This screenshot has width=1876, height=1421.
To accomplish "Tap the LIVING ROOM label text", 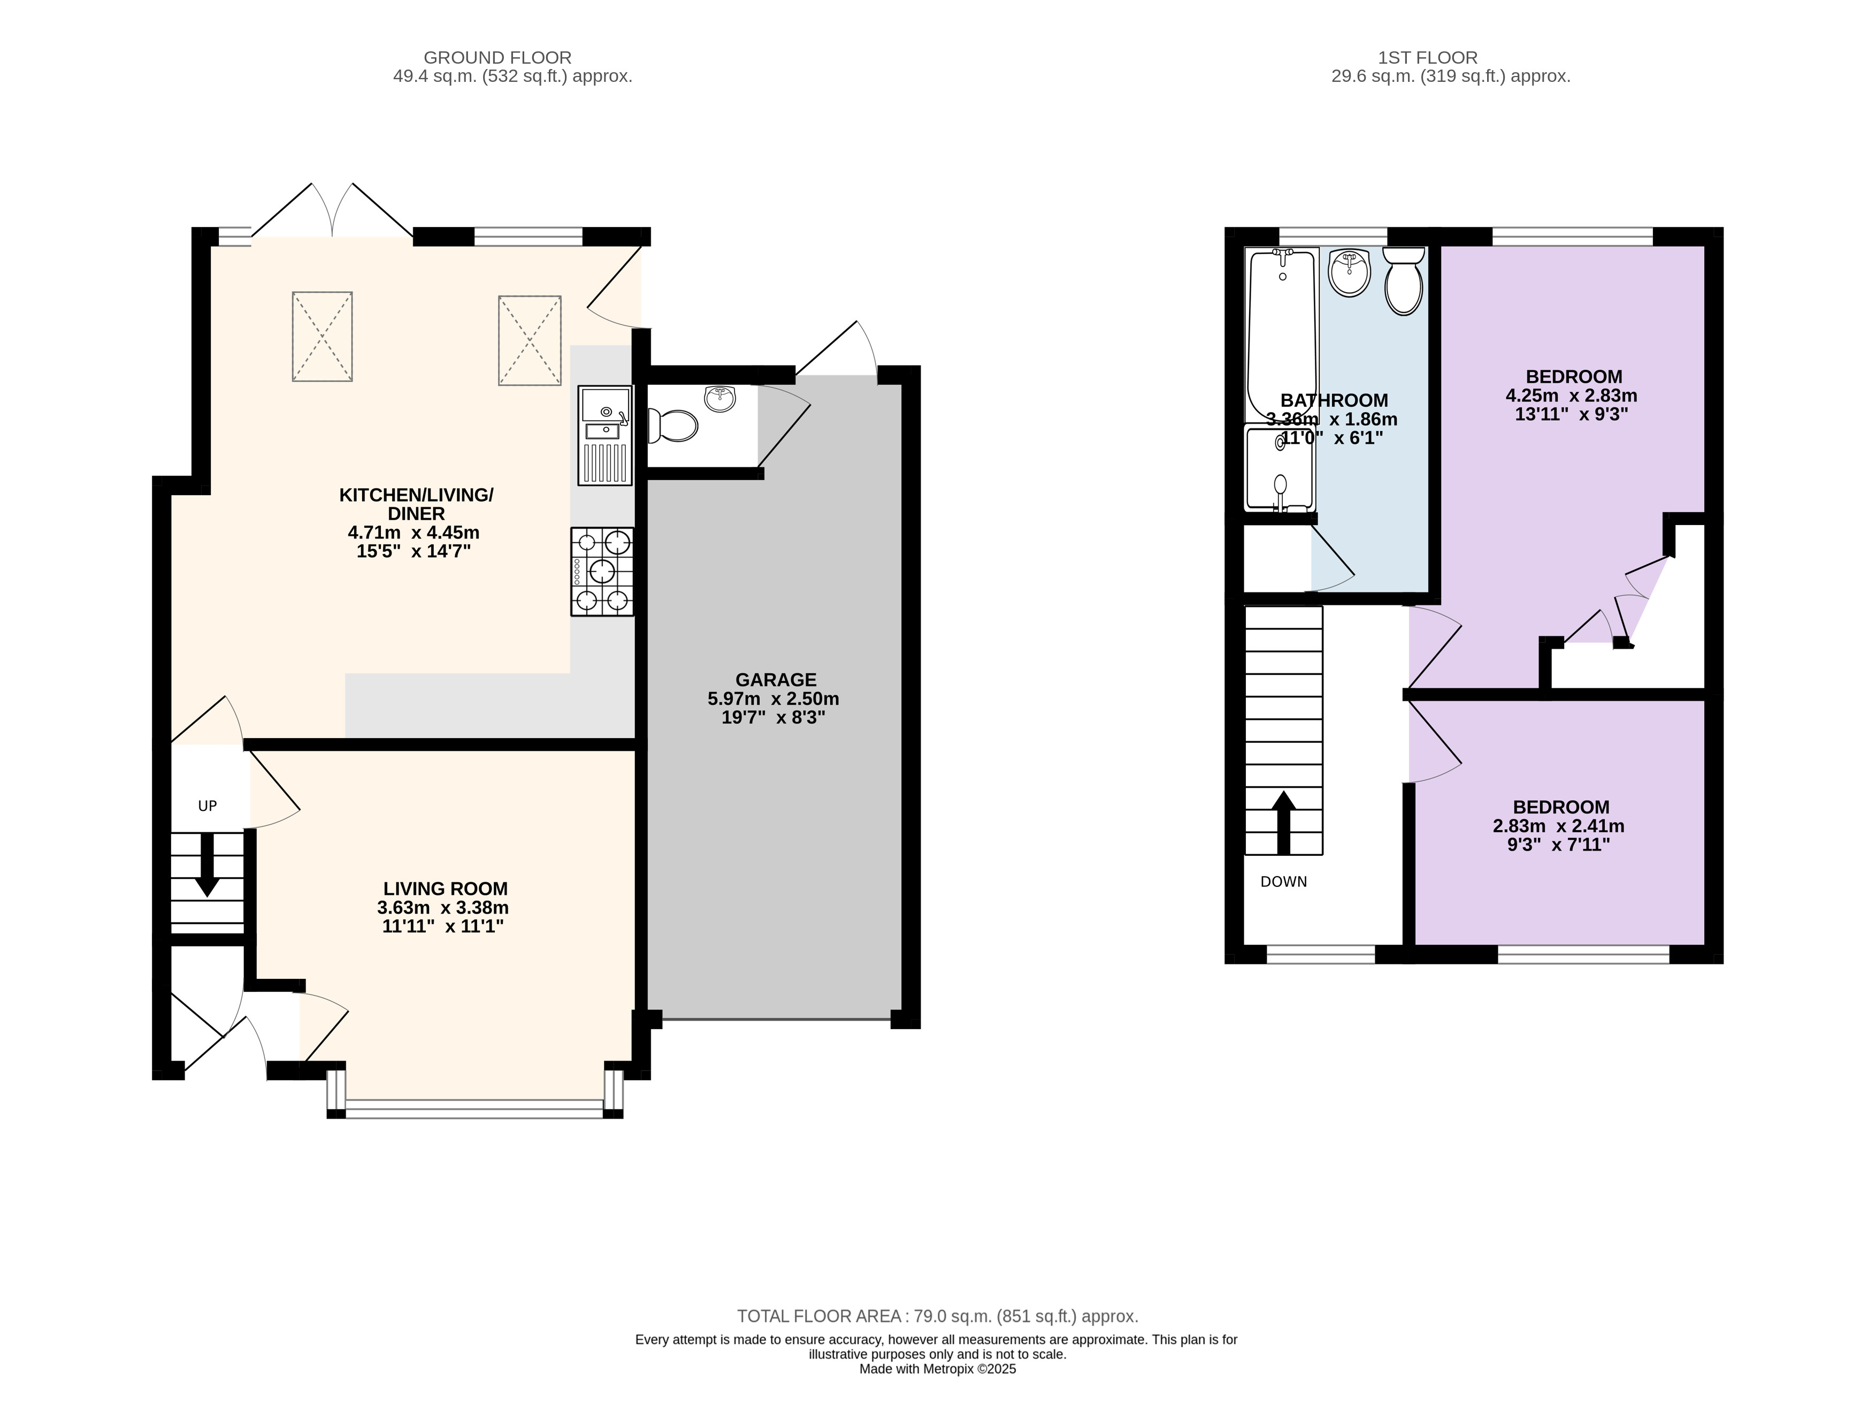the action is click(445, 888).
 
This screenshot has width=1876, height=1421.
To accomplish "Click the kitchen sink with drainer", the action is click(604, 435).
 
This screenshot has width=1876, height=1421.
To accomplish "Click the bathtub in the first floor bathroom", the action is click(1281, 335).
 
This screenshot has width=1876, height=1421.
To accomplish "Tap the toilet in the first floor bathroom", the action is click(1404, 281).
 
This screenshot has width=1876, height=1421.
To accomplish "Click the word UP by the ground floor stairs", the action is click(208, 806).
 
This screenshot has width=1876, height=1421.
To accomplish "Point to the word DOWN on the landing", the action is click(1283, 882).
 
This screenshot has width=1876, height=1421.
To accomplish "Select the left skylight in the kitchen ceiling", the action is click(322, 336).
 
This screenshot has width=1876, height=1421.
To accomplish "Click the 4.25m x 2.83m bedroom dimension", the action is click(1572, 396).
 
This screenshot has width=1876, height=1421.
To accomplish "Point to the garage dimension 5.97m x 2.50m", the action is click(774, 699).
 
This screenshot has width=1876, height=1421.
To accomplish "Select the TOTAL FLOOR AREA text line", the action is click(937, 1316).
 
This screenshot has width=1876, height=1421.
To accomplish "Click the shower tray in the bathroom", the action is click(1279, 468).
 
